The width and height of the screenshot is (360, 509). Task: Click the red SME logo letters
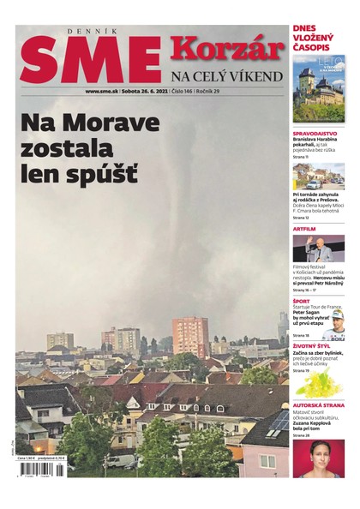tap(90, 62)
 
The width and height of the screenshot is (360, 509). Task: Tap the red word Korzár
tap(227, 48)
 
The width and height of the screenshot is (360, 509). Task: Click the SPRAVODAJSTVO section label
tap(315, 135)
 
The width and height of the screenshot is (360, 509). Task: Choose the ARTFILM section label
tap(304, 229)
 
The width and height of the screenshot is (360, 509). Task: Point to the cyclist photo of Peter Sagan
tap(333, 326)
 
